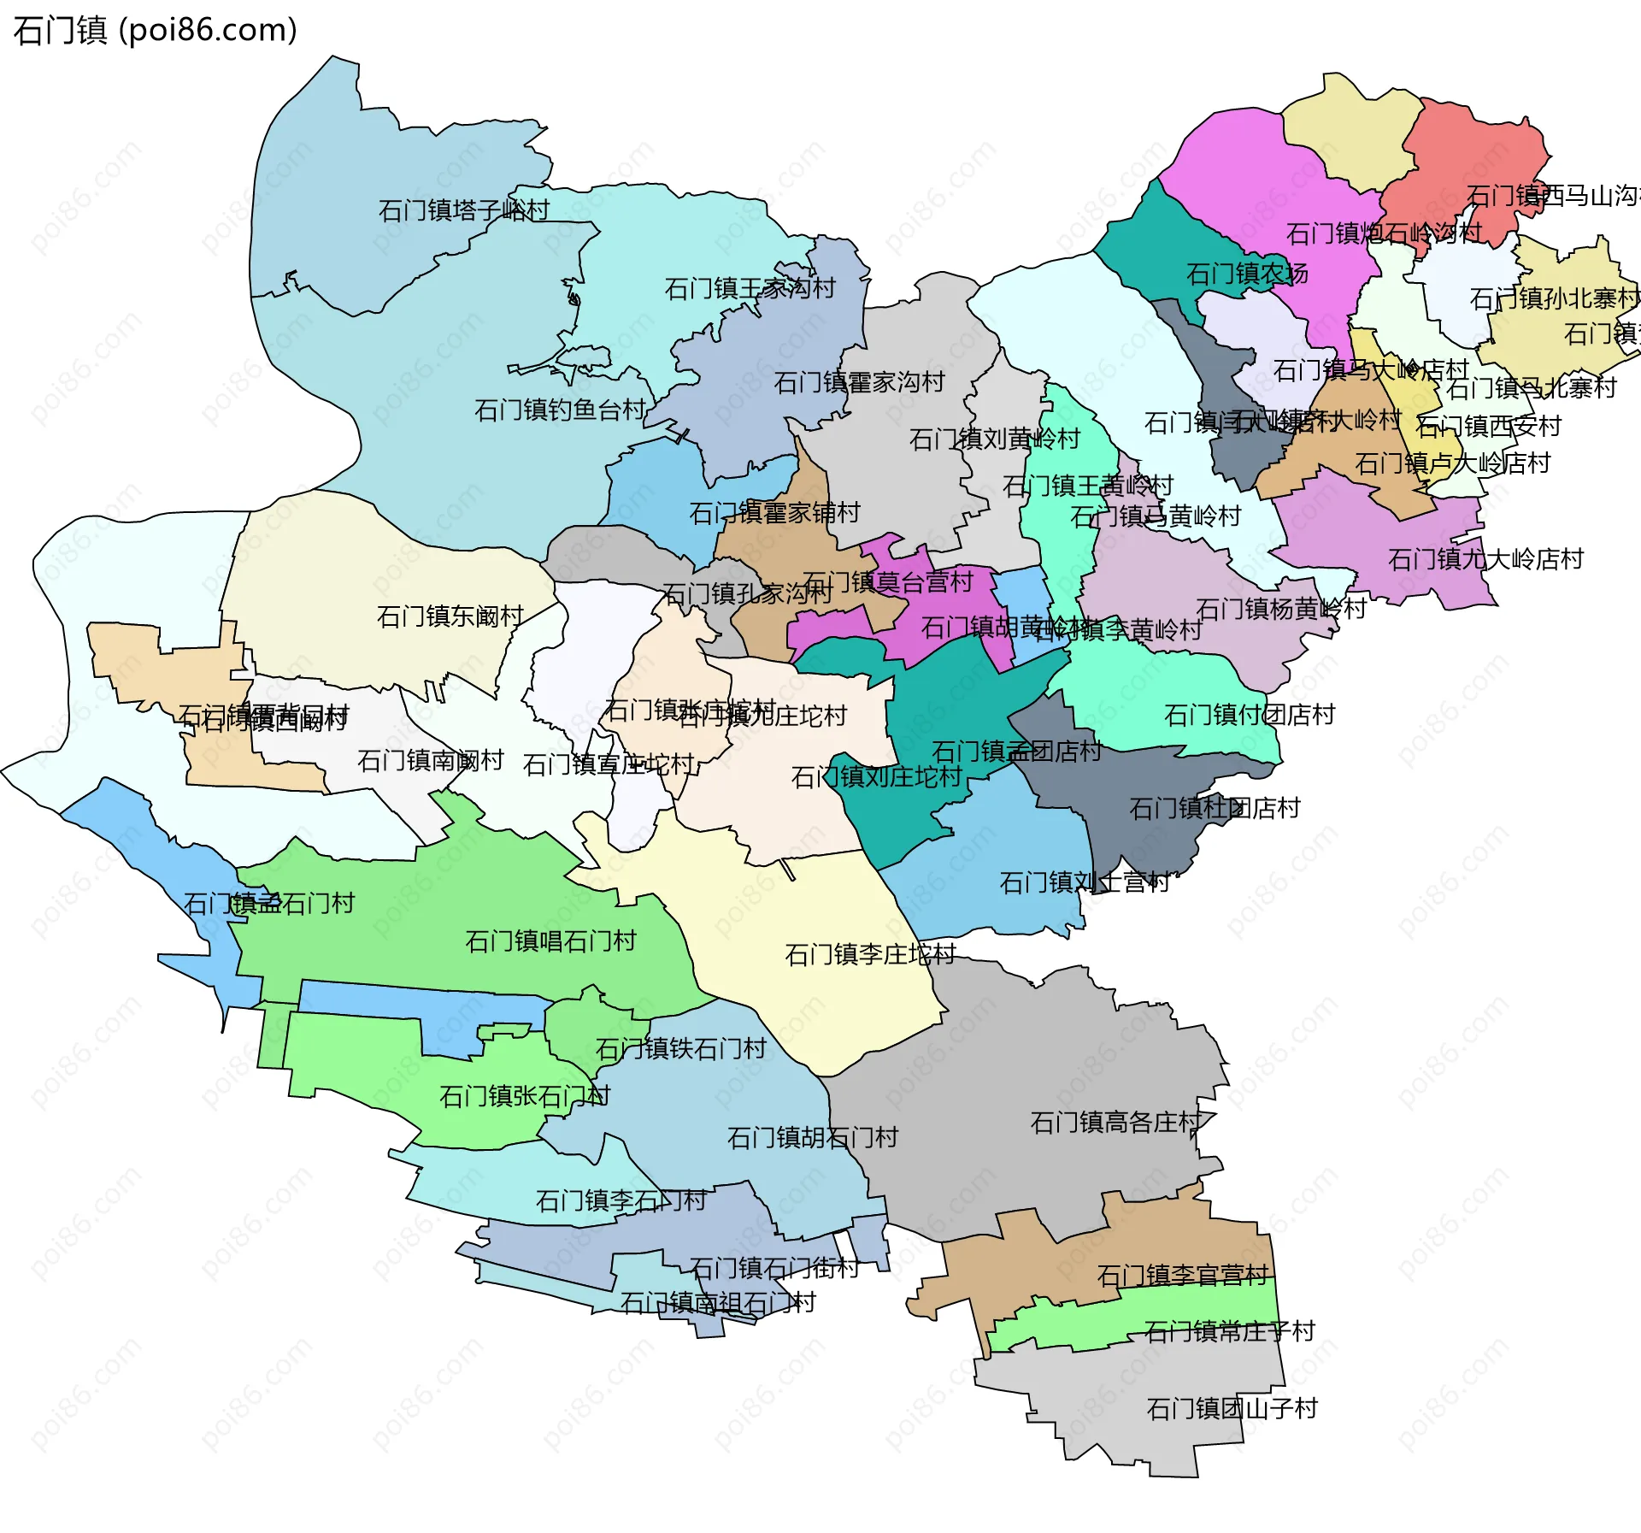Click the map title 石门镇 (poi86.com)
155,30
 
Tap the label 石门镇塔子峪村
463,210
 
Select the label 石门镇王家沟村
750,288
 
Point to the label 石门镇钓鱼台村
560,410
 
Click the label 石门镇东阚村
450,616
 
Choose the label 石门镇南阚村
430,760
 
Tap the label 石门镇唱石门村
550,941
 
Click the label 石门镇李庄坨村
870,954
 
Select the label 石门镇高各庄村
1115,1122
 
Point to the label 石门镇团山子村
1232,1408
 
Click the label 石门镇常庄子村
1229,1331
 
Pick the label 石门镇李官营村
1182,1276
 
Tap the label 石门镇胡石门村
812,1138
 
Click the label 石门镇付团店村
1249,715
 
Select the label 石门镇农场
1247,274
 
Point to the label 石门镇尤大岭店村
1485,559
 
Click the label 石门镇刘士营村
1085,882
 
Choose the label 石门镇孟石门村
268,904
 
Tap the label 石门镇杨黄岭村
1280,609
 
